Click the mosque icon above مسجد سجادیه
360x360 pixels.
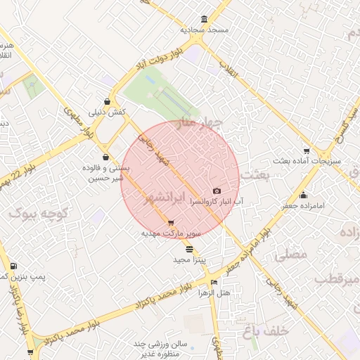[204, 19]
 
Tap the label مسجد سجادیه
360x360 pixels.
[203, 30]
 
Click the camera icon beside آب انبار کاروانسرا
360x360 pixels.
[217, 191]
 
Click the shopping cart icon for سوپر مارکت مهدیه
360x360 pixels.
[170, 223]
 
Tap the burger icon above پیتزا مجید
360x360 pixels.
[189, 249]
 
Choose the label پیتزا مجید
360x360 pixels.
[188, 260]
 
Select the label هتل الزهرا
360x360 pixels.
[214, 292]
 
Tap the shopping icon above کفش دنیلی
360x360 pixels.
[107, 101]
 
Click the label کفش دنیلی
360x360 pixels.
[106, 112]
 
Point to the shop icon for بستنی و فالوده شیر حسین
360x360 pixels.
[105, 157]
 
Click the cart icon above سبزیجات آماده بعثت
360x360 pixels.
[306, 150]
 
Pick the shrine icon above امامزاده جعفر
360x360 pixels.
[303, 195]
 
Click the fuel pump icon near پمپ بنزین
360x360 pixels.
[14, 266]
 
